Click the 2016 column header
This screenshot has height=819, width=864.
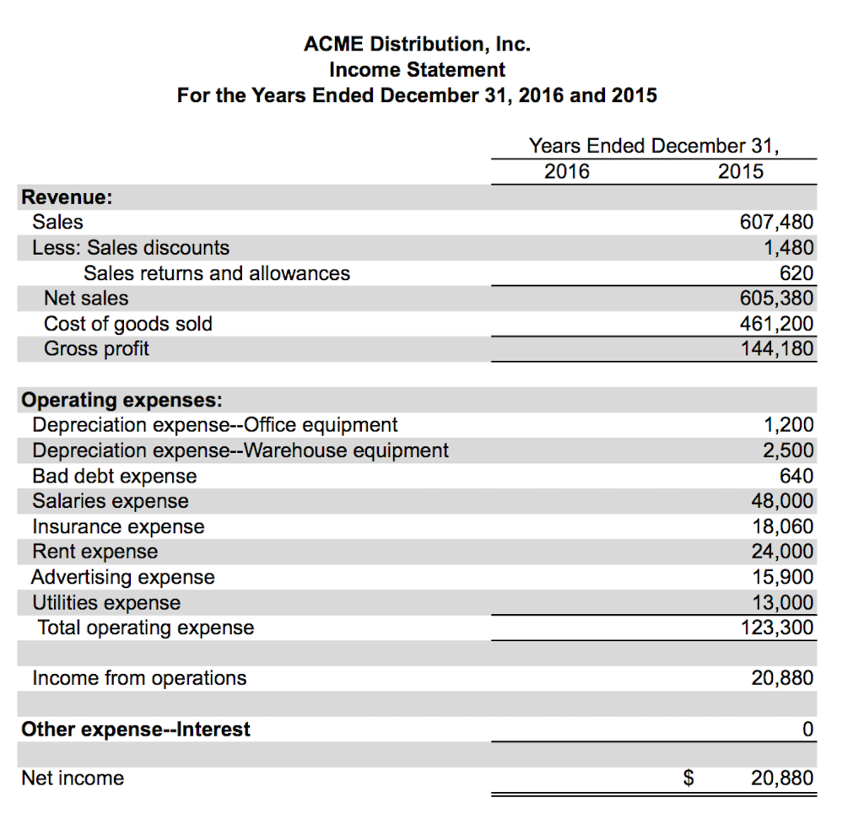(567, 172)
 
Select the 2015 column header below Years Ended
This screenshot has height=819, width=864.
(740, 172)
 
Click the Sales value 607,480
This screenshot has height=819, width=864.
(776, 223)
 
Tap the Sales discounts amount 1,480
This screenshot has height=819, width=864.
(788, 248)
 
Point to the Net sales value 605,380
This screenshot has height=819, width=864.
(776, 299)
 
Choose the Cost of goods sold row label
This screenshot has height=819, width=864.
(128, 324)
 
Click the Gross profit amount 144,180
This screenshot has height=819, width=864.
(776, 349)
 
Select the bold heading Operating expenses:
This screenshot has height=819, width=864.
(122, 399)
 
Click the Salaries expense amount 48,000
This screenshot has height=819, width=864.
(782, 501)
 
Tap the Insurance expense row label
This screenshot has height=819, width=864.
(118, 527)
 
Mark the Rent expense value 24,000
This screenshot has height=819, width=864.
(782, 552)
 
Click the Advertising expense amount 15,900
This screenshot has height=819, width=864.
(782, 577)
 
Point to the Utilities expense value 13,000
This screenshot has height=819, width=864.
(782, 602)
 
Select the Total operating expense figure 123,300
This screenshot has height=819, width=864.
(776, 628)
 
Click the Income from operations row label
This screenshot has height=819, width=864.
(139, 678)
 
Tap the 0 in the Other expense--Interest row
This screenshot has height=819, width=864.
(807, 729)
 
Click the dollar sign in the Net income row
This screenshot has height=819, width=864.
(688, 779)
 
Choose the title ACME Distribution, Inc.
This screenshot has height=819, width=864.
(417, 43)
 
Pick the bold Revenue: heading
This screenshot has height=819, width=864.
(67, 197)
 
